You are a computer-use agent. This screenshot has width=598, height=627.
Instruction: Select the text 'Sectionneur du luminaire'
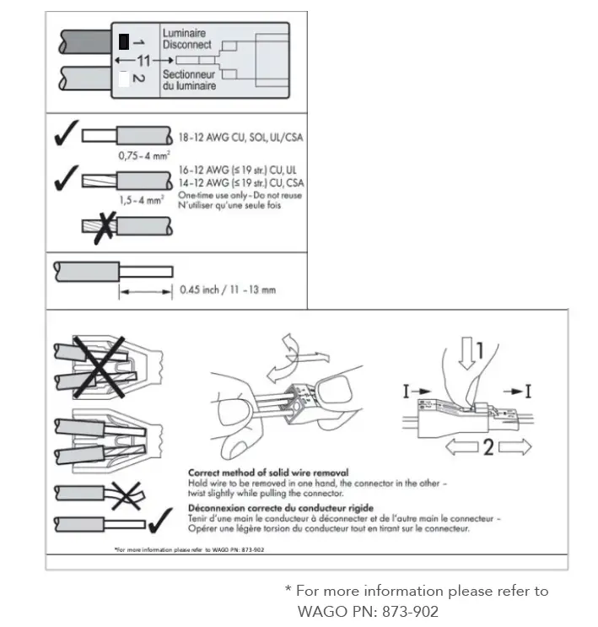(x=189, y=80)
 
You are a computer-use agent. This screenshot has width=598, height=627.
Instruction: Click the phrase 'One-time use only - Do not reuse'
(x=240, y=195)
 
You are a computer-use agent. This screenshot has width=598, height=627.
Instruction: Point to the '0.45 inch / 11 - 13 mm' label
(x=228, y=291)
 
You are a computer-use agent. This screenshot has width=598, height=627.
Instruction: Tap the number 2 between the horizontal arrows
(x=487, y=446)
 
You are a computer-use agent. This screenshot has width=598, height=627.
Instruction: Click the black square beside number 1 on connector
(x=123, y=41)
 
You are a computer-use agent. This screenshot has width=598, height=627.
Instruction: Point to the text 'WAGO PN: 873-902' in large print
(x=368, y=611)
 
